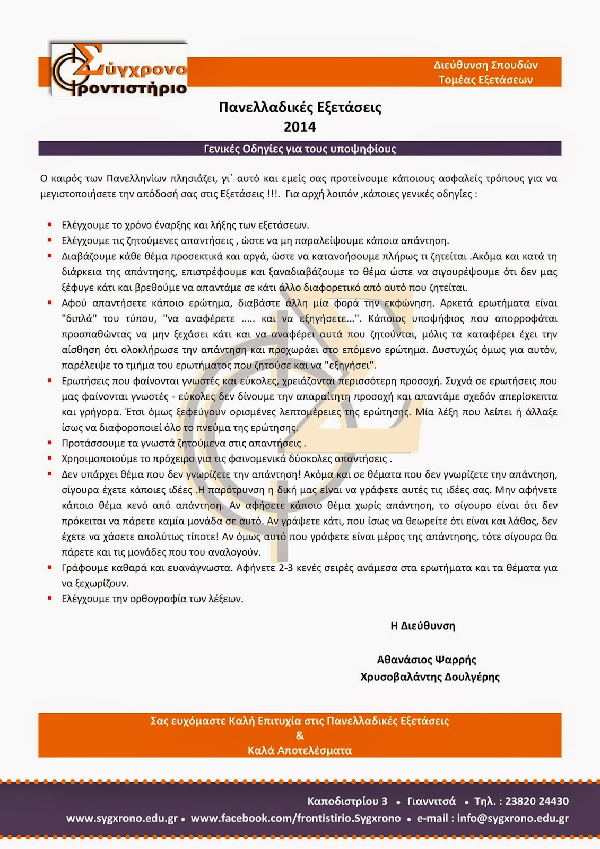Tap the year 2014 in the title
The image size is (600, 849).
coord(300,127)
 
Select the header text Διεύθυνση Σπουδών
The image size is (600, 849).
coord(485,65)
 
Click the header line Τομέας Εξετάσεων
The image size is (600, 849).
coord(485,80)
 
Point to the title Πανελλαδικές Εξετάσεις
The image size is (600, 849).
coord(300,108)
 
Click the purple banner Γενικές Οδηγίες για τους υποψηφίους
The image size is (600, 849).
coord(300,149)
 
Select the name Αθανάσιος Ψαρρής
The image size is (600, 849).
coord(427,660)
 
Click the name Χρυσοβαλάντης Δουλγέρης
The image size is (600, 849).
coord(430,677)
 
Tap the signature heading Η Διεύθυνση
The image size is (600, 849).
coord(423,626)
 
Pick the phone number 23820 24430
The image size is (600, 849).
coord(537,801)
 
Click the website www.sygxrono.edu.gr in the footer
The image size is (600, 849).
coord(121,818)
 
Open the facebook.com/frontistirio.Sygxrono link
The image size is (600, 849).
coord(295,818)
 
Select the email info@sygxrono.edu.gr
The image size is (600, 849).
coord(512,818)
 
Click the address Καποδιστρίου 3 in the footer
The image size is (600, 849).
coord(347,801)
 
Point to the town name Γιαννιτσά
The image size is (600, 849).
coord(431,801)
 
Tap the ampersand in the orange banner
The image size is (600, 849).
coord(300,735)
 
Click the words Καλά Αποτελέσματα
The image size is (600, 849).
coord(300,750)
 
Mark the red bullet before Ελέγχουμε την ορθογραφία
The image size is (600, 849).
coord(50,599)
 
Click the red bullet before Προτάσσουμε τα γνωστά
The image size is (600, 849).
coord(50,443)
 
